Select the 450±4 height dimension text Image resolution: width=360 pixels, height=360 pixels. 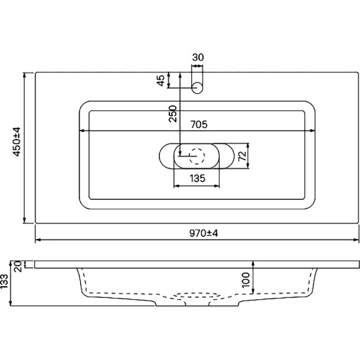pos(17,142)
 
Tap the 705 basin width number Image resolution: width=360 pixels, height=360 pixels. pos(197,124)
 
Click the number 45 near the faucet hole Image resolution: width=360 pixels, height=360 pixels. pos(161,81)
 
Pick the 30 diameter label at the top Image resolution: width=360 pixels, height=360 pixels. pos(197,58)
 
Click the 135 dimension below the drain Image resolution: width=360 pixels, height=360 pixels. pos(197,179)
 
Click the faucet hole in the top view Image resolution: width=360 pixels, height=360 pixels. pos(197,86)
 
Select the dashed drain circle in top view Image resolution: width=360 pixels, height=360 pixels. pos(197,155)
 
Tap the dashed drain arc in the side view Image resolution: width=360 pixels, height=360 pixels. pos(197,295)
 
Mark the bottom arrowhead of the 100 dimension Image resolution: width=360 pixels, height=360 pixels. pos(253,291)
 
